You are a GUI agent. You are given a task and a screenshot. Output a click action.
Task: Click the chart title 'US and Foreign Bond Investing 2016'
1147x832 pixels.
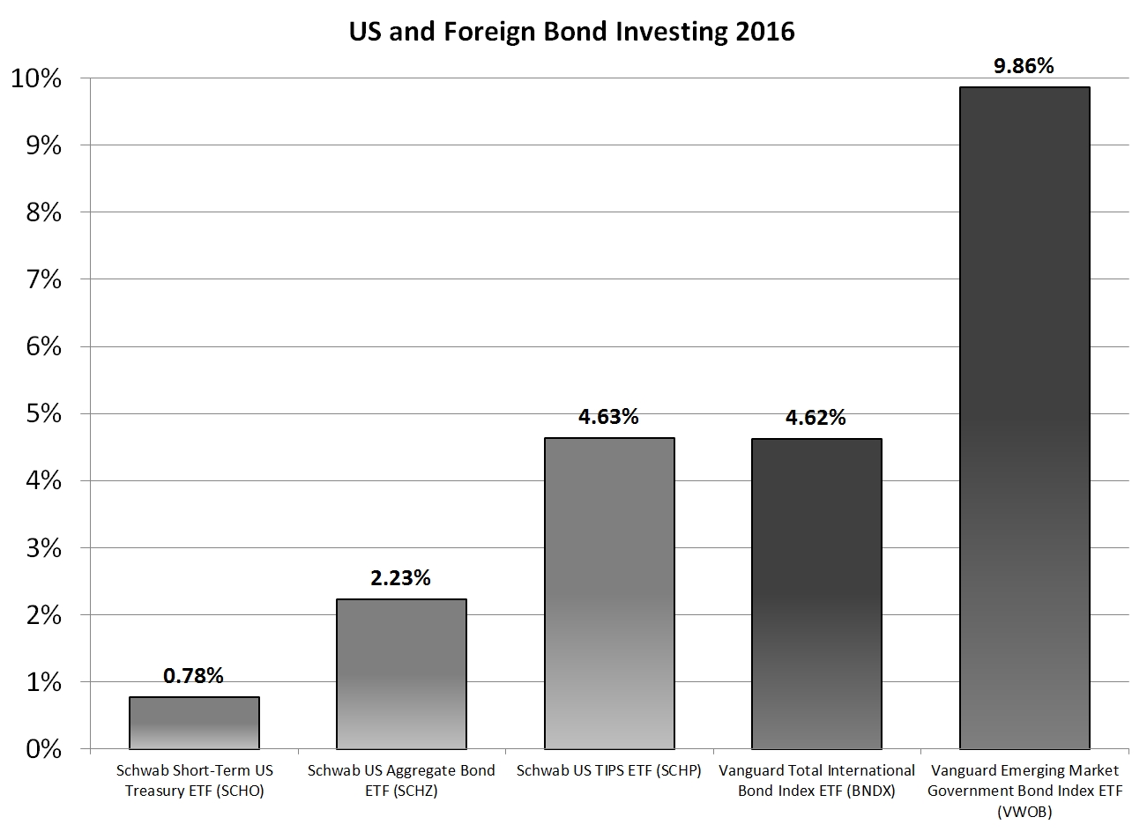point(571,32)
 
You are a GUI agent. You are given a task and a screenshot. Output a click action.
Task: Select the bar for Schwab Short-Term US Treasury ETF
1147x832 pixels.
point(194,723)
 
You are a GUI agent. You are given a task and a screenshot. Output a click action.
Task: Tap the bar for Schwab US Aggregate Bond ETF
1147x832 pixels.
point(401,674)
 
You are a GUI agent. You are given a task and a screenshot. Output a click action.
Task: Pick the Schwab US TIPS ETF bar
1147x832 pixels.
point(609,593)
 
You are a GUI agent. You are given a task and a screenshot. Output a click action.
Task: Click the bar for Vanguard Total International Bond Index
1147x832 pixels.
point(816,594)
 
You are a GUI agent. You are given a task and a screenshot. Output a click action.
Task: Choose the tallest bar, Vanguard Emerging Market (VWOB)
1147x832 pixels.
point(1024,418)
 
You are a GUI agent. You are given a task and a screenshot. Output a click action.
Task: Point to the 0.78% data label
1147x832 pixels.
point(194,676)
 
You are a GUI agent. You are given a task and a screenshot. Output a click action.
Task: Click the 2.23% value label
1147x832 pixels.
point(401,578)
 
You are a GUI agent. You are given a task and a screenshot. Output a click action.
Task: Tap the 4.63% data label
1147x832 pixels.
point(609,417)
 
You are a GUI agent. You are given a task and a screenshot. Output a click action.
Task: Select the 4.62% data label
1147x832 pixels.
point(816,418)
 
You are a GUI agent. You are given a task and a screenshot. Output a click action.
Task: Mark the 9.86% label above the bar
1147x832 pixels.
point(1024,66)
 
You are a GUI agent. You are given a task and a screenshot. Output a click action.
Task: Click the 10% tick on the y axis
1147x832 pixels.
point(35,79)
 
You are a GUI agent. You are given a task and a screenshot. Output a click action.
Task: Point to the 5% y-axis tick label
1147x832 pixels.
point(42,414)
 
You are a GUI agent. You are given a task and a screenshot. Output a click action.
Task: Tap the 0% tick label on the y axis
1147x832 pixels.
point(42,750)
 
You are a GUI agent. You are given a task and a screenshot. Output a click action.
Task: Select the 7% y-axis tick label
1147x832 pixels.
point(42,280)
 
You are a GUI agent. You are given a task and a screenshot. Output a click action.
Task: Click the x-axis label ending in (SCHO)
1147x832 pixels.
point(194,780)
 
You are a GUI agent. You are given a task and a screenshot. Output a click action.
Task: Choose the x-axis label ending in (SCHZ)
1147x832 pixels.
point(401,780)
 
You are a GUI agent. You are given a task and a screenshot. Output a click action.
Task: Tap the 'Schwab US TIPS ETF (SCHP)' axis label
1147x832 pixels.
point(609,770)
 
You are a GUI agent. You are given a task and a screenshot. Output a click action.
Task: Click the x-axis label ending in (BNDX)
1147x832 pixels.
point(816,780)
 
